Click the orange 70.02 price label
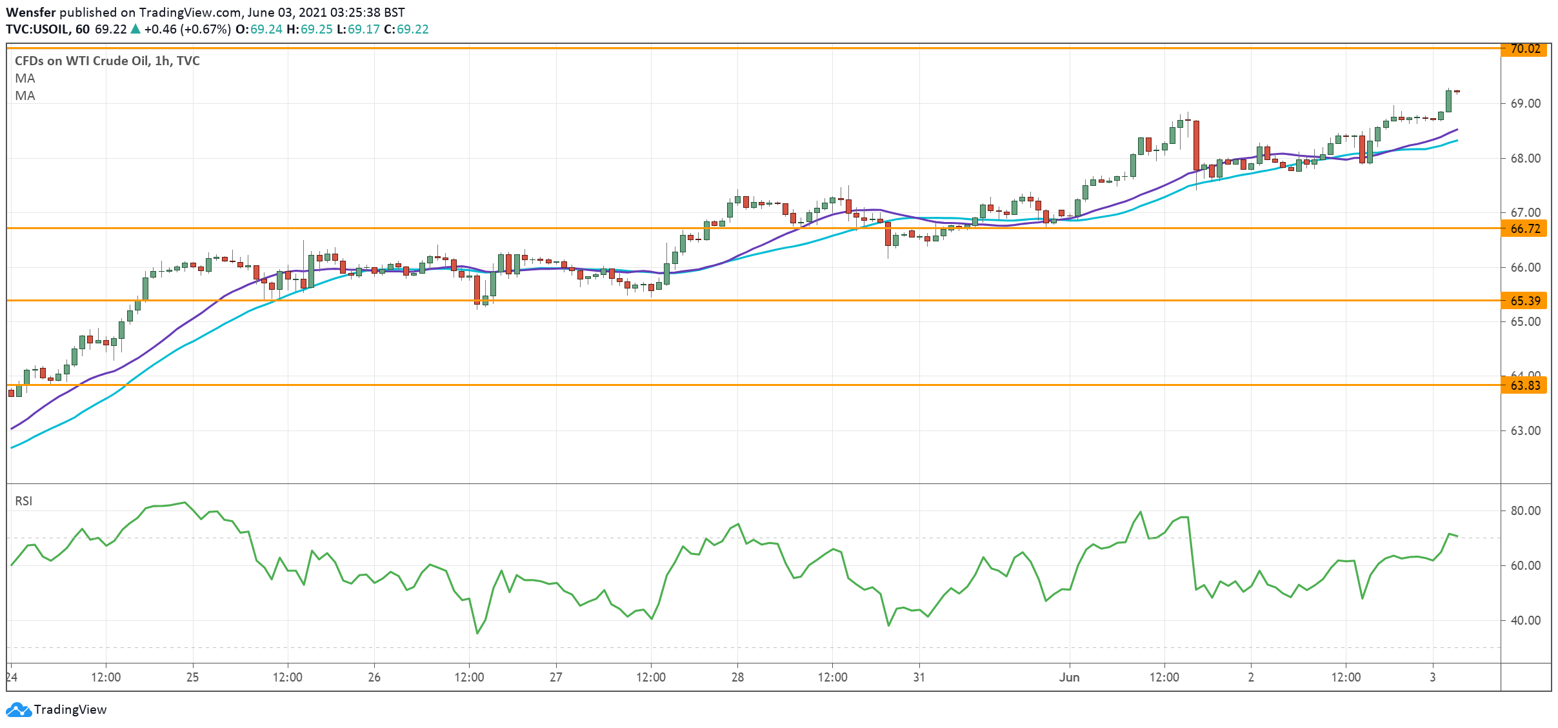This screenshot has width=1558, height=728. pos(1524,49)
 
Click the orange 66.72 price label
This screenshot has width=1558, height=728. pos(1524,228)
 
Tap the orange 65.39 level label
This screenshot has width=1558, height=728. pos(1524,301)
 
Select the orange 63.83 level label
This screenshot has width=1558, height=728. pos(1524,385)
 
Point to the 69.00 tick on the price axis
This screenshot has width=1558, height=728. pos(1525,103)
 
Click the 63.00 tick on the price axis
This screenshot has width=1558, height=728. pos(1525,430)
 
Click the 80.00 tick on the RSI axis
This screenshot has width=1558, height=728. pos(1525,511)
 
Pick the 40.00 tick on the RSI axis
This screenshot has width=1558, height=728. pos(1525,620)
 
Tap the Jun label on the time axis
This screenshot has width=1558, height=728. pos(1069,677)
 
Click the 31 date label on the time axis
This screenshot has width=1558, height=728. pos(919,677)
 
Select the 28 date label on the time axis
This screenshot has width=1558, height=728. pos(737,677)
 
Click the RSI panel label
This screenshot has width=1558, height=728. pos(24,501)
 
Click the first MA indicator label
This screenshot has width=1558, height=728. pos(25,78)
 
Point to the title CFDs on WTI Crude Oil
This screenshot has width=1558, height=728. pos(107,61)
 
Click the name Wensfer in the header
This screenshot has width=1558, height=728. pos(30,12)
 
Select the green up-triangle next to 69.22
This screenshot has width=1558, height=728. pos(135,29)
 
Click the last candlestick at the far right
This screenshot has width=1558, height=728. pos(1457,92)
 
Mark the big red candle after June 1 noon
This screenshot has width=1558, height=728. pos(1196,145)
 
